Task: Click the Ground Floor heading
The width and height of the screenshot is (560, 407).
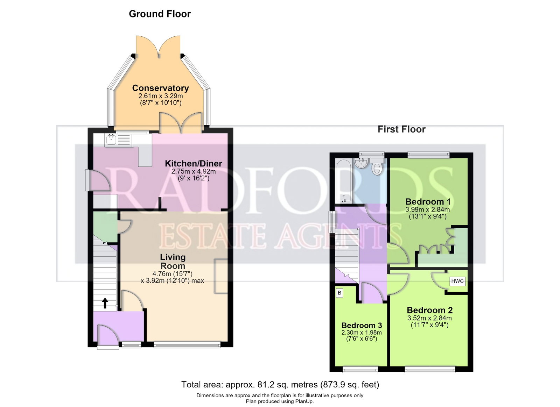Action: [160, 14]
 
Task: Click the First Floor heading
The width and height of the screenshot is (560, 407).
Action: [401, 129]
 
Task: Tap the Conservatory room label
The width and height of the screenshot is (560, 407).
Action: [160, 88]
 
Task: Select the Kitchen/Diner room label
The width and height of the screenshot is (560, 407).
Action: [193, 164]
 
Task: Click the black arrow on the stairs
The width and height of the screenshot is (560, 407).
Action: [105, 303]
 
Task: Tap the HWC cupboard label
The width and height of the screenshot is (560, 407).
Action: [457, 281]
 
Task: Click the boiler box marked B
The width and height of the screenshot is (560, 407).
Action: [339, 293]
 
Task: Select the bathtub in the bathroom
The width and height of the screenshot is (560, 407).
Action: [344, 181]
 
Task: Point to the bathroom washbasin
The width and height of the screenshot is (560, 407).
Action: [361, 163]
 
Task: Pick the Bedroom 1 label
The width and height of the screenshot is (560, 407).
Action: [428, 201]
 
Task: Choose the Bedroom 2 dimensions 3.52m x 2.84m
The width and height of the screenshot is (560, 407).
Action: [429, 318]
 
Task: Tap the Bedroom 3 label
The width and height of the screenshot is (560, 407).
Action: [362, 325]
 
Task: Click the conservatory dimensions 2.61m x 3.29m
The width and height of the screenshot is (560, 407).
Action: [161, 96]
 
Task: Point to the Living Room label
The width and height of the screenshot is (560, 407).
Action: [173, 262]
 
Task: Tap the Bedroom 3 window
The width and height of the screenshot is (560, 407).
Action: [360, 370]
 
